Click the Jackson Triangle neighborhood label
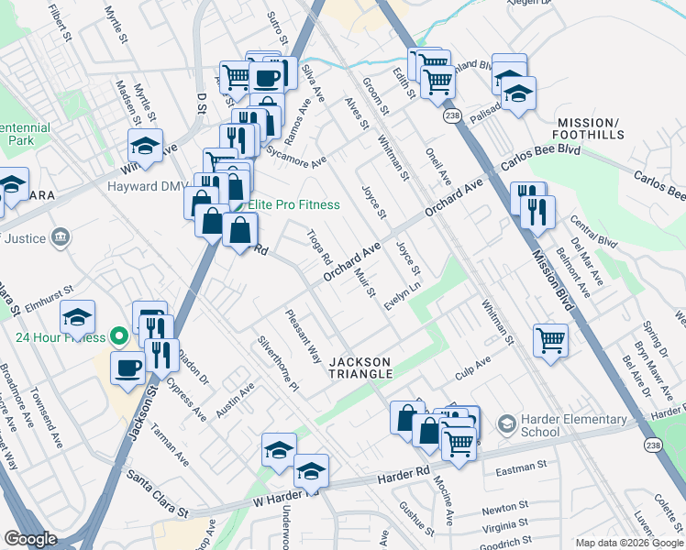click(x=361, y=368)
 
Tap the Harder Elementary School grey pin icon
click(x=506, y=424)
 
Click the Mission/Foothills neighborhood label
click(x=590, y=128)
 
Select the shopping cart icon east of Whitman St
click(x=551, y=341)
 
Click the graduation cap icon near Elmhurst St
click(x=78, y=318)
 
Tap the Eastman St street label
click(x=520, y=467)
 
